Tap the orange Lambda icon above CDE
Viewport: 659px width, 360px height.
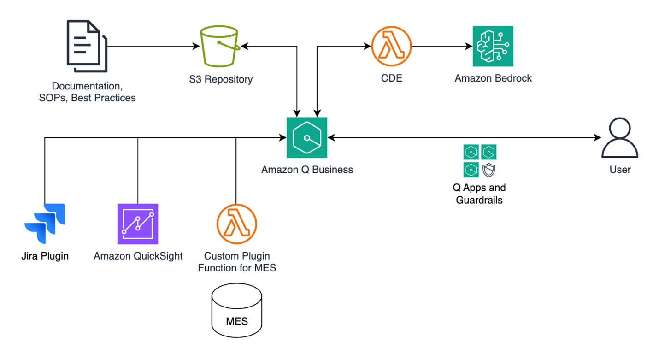pos(391,46)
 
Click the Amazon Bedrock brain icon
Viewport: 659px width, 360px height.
pos(493,46)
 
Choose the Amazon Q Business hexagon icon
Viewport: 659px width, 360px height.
pos(307,137)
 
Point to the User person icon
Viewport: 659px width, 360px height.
pos(620,138)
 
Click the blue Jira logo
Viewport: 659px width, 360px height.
pos(45,224)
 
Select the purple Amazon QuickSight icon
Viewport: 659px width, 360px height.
pos(138,224)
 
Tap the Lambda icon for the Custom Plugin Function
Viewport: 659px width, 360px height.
pos(236,224)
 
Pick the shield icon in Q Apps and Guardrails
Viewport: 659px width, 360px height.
pos(488,170)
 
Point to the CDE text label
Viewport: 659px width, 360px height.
pos(392,78)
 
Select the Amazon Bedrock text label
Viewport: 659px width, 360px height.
pos(493,78)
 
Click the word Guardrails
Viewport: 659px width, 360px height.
pos(479,200)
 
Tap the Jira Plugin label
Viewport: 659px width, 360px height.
pos(45,256)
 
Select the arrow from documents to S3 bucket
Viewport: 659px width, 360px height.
pos(152,46)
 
